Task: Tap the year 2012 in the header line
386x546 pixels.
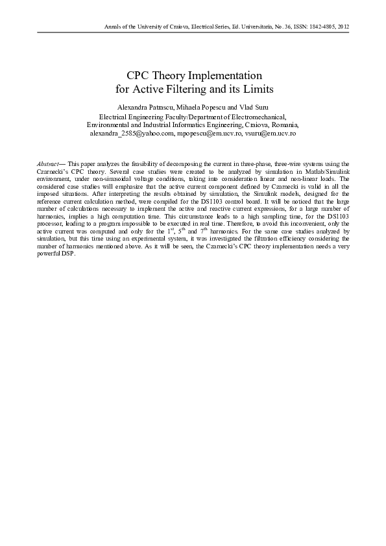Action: pos(344,27)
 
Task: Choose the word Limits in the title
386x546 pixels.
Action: pos(258,88)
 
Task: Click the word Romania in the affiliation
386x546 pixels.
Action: pos(280,124)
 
